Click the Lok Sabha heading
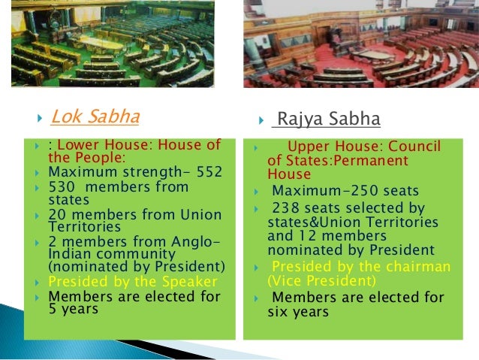tap(95, 116)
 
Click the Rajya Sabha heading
tap(328, 119)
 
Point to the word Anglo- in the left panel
tap(196, 241)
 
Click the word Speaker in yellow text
tap(192, 282)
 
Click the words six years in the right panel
tap(298, 311)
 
